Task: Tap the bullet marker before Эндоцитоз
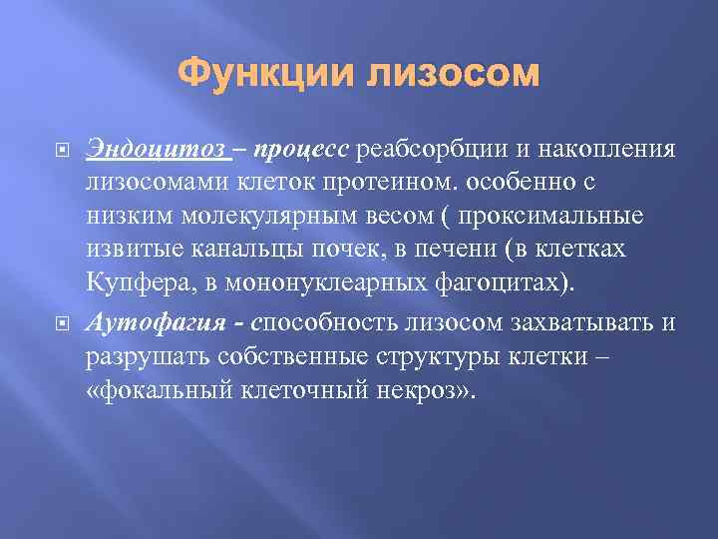53,151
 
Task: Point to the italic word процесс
300,150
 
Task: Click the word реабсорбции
432,150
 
